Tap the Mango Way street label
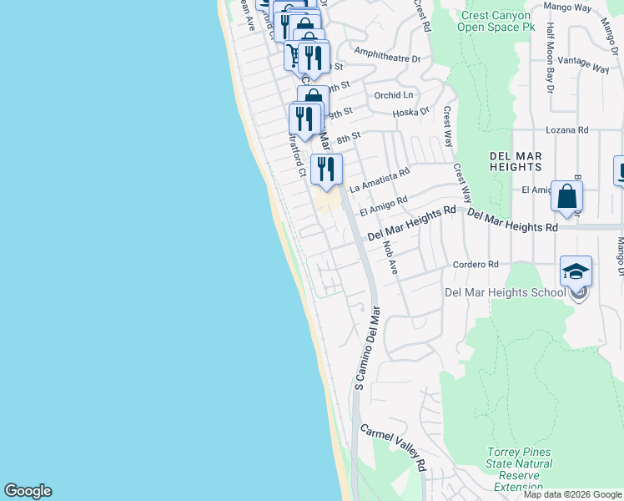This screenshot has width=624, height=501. [x=567, y=8]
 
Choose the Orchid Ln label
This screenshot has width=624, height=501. [x=395, y=94]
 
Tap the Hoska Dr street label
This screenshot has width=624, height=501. [x=410, y=111]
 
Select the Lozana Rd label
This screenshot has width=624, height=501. [x=567, y=130]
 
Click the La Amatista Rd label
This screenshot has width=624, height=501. [x=380, y=180]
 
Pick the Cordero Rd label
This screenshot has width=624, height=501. [x=476, y=265]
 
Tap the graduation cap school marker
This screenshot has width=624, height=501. [x=576, y=272]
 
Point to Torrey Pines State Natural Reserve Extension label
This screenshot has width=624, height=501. [x=519, y=469]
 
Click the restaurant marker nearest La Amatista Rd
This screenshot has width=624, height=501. [x=326, y=170]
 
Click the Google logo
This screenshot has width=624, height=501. [x=28, y=491]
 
